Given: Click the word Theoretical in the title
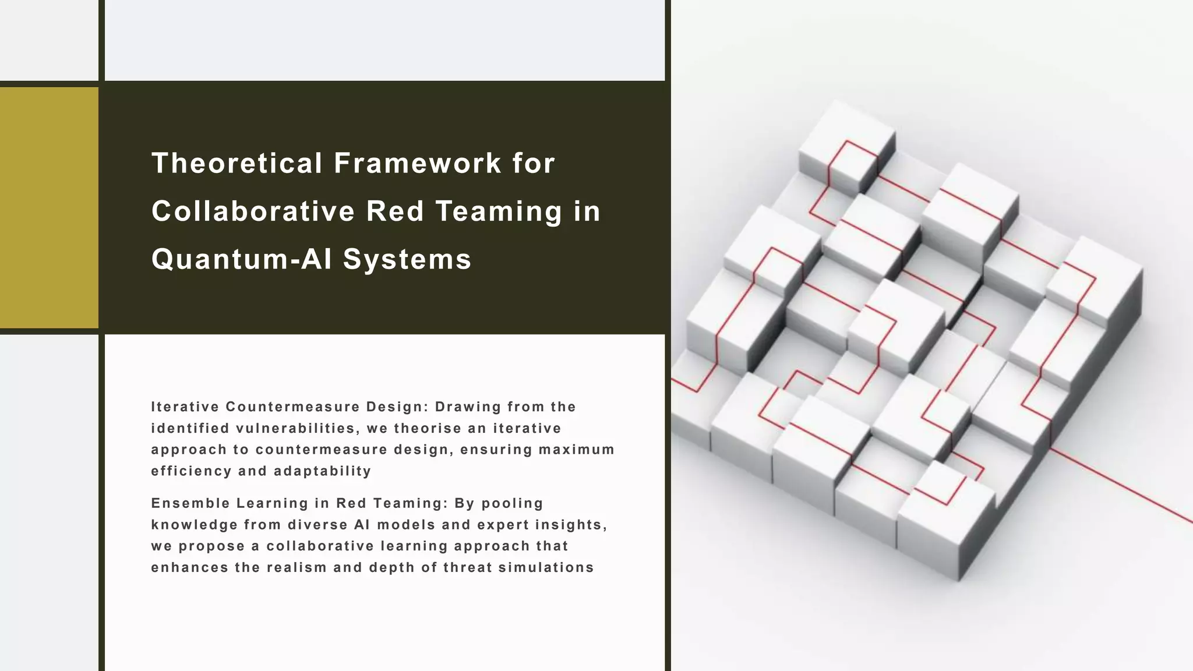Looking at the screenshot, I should point(237,163).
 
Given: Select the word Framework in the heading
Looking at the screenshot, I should point(417,163).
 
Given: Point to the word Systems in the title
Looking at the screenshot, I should point(407,259).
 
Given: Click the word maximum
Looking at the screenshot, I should point(577,450).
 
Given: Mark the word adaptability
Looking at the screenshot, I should point(322,471).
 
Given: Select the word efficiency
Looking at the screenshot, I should point(192,471).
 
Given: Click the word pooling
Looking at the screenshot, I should point(512,503).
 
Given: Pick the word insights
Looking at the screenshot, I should point(571,525).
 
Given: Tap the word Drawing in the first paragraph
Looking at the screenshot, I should point(468,407).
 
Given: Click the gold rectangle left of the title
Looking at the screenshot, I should point(49,207).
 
